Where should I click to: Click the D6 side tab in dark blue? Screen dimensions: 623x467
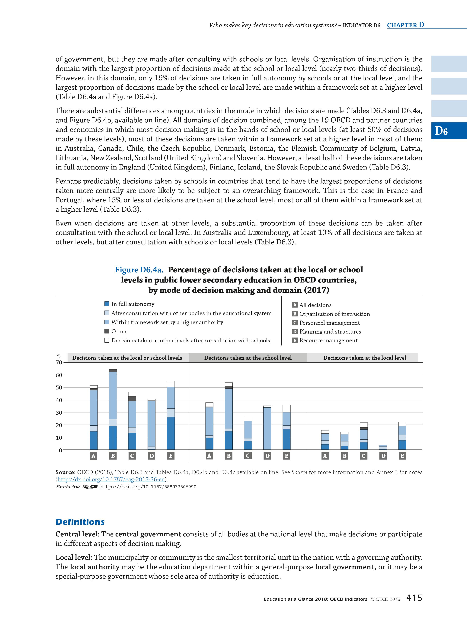pyautogui.click(x=449, y=131)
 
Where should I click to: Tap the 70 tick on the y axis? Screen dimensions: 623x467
pyautogui.click(x=59, y=363)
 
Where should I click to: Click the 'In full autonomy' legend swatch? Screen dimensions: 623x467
pyautogui.click(x=107, y=304)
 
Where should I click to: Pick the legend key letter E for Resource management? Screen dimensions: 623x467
pyautogui.click(x=295, y=340)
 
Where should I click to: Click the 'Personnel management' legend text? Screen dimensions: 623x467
pyautogui.click(x=329, y=323)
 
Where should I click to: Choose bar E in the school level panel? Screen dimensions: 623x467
pyautogui.click(x=286, y=427)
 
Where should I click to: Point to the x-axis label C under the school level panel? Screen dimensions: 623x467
pyautogui.click(x=248, y=456)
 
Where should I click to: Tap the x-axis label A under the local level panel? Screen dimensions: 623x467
pyautogui.click(x=325, y=456)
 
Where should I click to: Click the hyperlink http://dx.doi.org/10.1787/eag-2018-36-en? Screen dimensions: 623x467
pyautogui.click(x=111, y=479)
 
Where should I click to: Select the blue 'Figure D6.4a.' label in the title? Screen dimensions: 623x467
pyautogui.click(x=139, y=270)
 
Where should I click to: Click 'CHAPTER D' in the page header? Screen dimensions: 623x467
pyautogui.click(x=405, y=25)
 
